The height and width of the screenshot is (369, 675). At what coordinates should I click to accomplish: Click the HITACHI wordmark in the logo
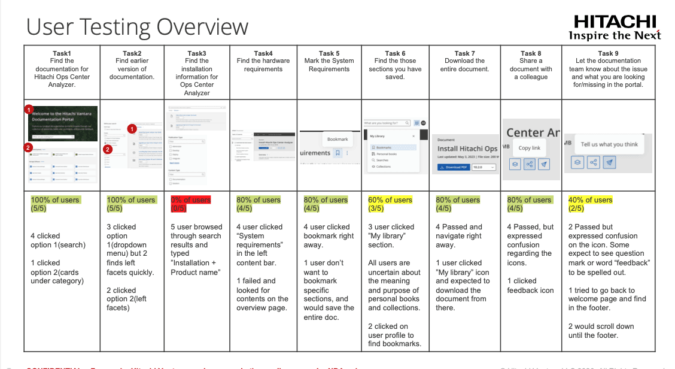click(x=615, y=22)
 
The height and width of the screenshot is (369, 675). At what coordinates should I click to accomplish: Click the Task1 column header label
click(x=62, y=53)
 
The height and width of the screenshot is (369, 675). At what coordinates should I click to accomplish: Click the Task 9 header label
click(x=605, y=53)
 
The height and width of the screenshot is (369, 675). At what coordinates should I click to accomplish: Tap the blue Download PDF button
click(x=453, y=167)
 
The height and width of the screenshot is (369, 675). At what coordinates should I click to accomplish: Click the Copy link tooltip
click(x=529, y=148)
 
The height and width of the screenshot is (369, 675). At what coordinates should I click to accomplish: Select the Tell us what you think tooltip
click(x=609, y=144)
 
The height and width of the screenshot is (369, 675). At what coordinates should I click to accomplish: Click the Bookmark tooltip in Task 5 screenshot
click(x=337, y=139)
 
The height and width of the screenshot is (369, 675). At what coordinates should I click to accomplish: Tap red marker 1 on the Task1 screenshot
click(x=29, y=110)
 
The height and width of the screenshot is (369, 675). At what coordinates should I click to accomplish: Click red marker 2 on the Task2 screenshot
click(x=108, y=149)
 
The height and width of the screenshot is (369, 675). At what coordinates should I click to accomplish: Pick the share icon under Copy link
click(x=529, y=164)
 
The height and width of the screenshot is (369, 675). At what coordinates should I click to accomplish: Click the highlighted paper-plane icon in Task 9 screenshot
click(x=609, y=162)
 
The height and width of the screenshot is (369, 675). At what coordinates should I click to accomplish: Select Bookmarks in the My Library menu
click(x=384, y=147)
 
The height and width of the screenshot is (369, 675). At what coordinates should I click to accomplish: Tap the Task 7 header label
click(x=462, y=53)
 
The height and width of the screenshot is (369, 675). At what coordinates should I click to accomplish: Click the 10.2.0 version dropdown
click(x=484, y=167)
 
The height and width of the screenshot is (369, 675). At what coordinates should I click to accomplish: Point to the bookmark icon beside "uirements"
click(x=337, y=153)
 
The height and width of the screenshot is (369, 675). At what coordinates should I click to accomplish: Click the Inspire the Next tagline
click(x=615, y=35)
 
